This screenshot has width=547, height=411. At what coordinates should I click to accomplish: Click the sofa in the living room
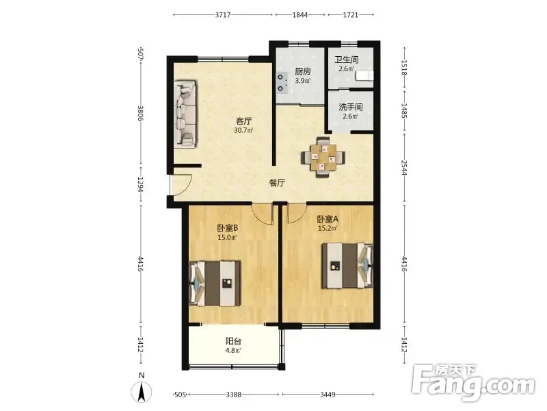(x=185, y=114)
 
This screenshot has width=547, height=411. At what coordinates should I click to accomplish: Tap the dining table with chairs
(x=323, y=158)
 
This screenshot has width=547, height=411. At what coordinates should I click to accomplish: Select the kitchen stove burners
(x=282, y=82)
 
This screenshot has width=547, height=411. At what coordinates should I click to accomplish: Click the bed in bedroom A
(x=347, y=266)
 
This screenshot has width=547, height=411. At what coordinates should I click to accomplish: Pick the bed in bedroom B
(x=215, y=284)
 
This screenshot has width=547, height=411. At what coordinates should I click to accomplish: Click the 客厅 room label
(x=244, y=121)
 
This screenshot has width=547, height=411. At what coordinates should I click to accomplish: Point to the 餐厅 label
(x=278, y=183)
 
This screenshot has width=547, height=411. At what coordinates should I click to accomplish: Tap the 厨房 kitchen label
(x=302, y=71)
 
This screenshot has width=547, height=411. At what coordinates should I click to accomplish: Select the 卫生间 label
(x=347, y=60)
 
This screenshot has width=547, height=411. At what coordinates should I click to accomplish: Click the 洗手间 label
(x=351, y=107)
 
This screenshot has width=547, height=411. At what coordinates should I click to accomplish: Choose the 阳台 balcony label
(x=233, y=340)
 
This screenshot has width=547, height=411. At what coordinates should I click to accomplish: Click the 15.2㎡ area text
(x=328, y=229)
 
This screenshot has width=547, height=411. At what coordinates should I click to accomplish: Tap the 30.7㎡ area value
(x=243, y=131)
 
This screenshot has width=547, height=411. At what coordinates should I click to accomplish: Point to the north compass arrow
(x=142, y=392)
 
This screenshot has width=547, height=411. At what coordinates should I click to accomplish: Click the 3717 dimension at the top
(x=223, y=15)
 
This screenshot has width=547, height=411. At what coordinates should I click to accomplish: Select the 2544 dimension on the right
(x=404, y=167)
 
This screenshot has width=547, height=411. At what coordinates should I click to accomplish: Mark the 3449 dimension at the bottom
(x=328, y=395)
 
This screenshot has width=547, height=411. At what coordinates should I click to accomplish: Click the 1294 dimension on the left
(x=140, y=184)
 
